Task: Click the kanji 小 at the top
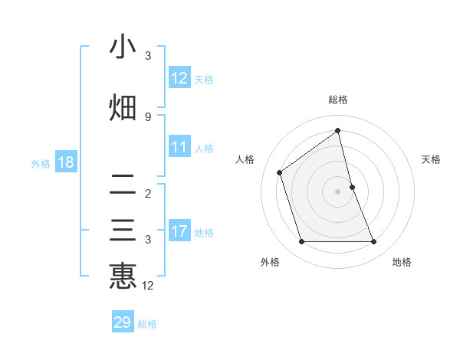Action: coord(123,47)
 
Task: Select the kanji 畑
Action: coord(123,108)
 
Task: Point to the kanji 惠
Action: coord(123,275)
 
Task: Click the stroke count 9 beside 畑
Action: coord(148,116)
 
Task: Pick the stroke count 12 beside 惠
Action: coord(148,286)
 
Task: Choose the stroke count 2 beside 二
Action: coord(148,193)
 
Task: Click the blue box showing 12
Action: coord(179,78)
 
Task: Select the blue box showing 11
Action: coord(179,147)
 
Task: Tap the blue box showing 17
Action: coord(179,231)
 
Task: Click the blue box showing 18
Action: coord(65,162)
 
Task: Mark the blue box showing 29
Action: coord(123,322)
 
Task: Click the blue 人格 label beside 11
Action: coord(204,149)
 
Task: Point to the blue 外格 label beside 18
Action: coord(41,163)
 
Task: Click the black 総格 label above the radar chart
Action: coord(338,100)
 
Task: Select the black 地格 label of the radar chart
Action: coord(402,262)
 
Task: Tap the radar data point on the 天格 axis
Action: coord(352,187)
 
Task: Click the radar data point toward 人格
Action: coord(280,172)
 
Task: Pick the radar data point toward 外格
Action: coord(301,242)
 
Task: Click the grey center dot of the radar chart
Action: coord(338,191)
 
